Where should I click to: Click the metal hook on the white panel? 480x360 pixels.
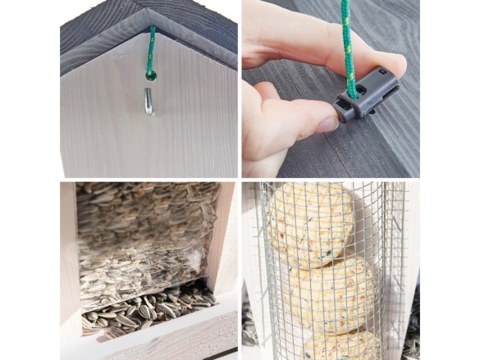coord(147,102)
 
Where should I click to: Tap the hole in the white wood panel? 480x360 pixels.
coord(150,76)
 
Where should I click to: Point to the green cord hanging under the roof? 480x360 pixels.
coord(151,50)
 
